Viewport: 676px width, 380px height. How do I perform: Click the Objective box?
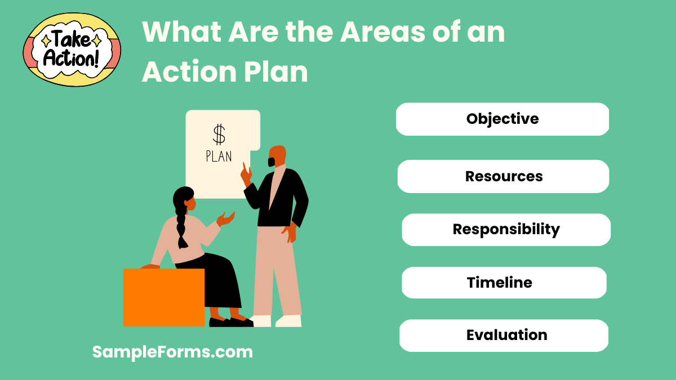[x=502, y=119]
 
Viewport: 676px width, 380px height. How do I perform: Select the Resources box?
[x=503, y=176]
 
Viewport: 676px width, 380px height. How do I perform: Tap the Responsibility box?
[x=506, y=230]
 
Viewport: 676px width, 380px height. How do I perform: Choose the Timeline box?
[x=504, y=283]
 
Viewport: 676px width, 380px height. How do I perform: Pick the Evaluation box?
[x=504, y=336]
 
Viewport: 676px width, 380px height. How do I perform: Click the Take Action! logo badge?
[x=72, y=50]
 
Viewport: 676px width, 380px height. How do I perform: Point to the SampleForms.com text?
[x=172, y=352]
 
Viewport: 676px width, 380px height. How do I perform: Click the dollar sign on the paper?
[x=219, y=135]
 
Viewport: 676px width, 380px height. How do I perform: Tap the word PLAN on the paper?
[x=219, y=156]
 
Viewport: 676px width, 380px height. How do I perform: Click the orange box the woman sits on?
[x=163, y=297]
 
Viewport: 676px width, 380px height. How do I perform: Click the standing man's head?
[x=277, y=156]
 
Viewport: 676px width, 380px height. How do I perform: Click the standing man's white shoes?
[x=276, y=321]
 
